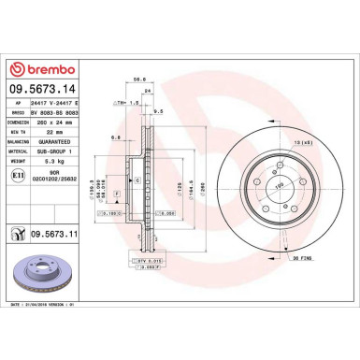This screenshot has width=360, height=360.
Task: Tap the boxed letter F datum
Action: [x=117, y=193]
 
